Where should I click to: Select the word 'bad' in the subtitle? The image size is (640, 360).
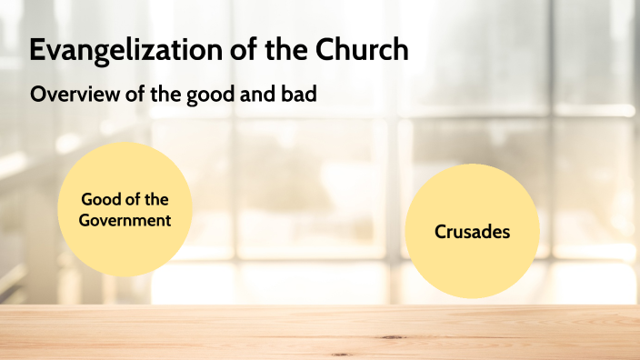click(303, 95)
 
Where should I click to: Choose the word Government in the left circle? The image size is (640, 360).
click(125, 219)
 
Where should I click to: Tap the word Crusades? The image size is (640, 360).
click(472, 232)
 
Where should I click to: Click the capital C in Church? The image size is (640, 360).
click(328, 51)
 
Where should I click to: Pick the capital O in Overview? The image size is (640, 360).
click(38, 95)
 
